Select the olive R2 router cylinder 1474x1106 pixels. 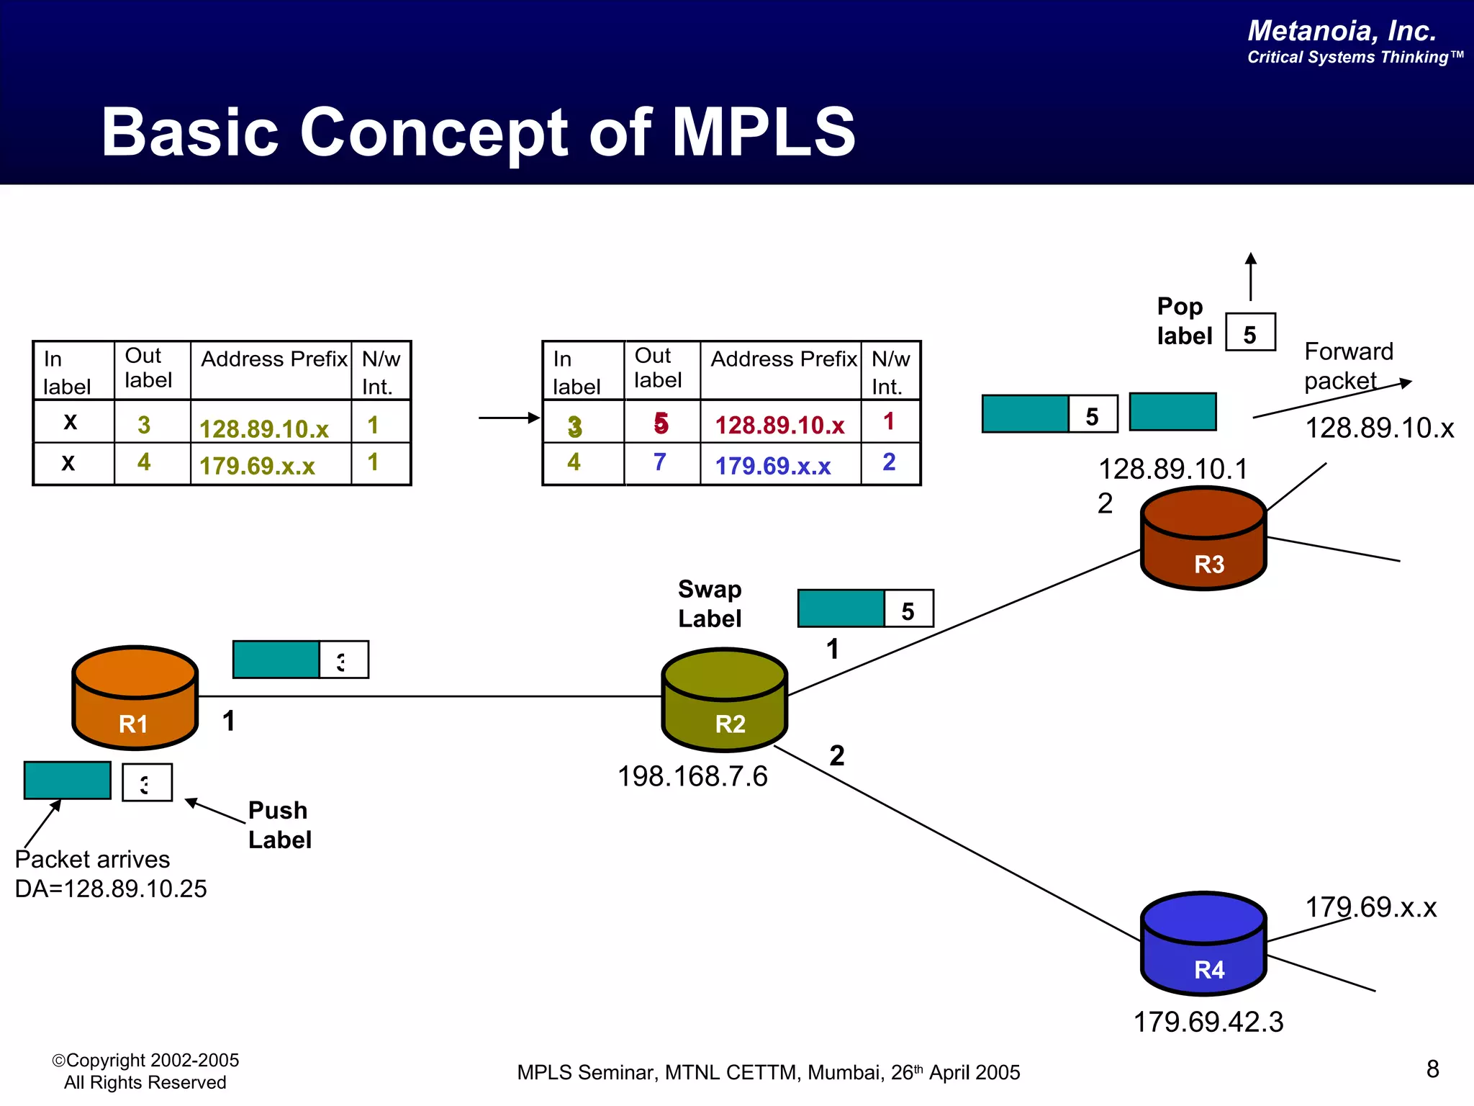724,700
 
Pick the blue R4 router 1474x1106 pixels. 1203,944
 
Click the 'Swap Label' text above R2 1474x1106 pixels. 710,603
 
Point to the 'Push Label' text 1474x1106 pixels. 279,825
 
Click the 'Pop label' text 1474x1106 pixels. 1183,321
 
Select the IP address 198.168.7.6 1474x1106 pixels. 692,776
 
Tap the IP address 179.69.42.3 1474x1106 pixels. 1208,1022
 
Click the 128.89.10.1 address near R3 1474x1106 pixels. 1173,469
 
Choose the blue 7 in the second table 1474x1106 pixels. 659,462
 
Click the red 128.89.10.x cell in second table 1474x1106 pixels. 779,425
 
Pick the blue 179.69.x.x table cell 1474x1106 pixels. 773,466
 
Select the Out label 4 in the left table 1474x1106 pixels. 144,462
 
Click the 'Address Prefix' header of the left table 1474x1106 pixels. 273,359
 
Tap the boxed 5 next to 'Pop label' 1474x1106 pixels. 1250,333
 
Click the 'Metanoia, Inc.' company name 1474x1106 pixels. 1342,30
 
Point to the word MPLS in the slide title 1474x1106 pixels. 764,132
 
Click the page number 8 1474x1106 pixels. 1432,1069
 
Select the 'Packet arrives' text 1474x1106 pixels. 92,859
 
